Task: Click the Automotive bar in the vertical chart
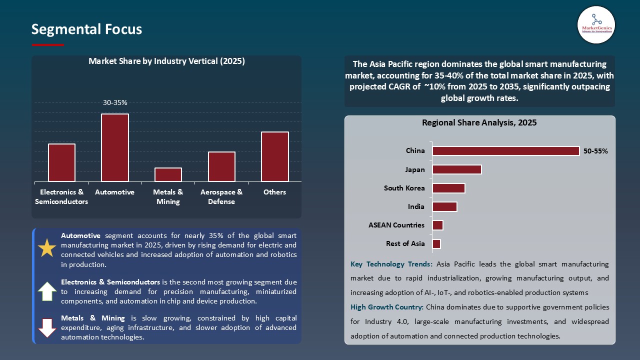[x=115, y=147]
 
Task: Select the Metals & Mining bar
[x=168, y=174]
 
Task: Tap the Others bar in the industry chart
[x=274, y=156]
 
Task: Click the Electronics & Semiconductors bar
[x=61, y=162]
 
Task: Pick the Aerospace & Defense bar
[x=221, y=166]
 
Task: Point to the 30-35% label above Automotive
[x=115, y=102]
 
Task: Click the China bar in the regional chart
[x=505, y=151]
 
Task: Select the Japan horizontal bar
[x=456, y=169]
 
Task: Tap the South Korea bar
[x=448, y=188]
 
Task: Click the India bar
[x=444, y=206]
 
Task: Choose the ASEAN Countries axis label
[x=396, y=225]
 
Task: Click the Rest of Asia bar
[x=436, y=244]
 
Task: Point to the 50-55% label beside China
[x=595, y=151]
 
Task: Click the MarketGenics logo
[x=596, y=24]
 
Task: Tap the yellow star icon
[x=47, y=248]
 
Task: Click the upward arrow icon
[x=47, y=291]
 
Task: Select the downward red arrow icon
[x=47, y=327]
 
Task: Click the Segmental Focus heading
[x=86, y=29]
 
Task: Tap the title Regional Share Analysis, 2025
[x=479, y=122]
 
